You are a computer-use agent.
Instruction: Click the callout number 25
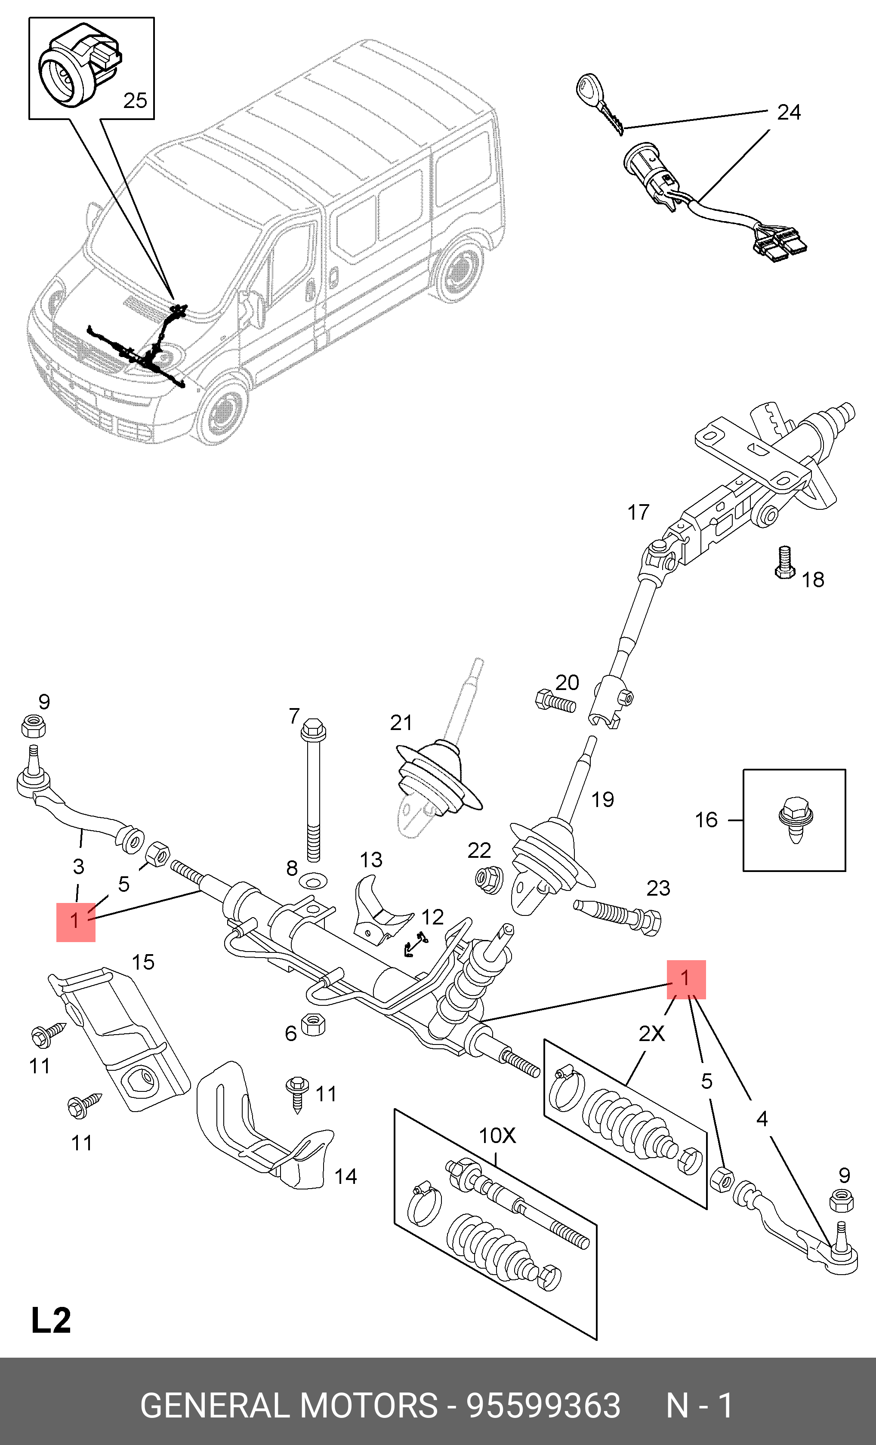[135, 101]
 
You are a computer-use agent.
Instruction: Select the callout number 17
[638, 512]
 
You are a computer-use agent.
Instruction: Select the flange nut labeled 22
[488, 879]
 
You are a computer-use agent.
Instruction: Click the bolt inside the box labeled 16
[796, 819]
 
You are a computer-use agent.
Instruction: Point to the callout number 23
[658, 888]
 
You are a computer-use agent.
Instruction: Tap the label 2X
[651, 1033]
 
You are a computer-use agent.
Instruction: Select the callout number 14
[345, 1176]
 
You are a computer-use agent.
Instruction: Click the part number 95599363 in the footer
[543, 1406]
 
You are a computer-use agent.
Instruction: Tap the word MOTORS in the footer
[368, 1406]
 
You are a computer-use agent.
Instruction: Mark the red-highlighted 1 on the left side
[76, 922]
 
